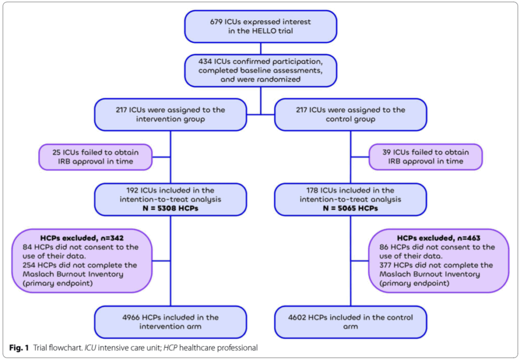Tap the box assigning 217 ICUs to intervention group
coord(170,114)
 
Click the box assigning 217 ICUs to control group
coord(350,114)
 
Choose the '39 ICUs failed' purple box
coord(426,156)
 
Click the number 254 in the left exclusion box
coord(31,266)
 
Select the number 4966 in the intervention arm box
coord(130,317)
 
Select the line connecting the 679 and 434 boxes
coord(261,48)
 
